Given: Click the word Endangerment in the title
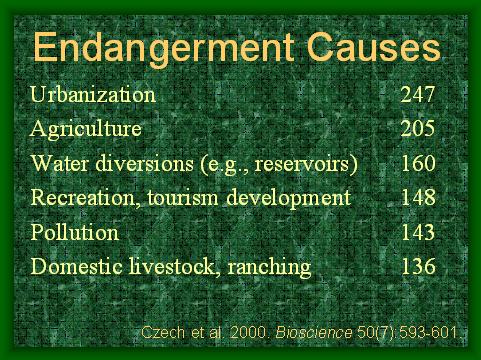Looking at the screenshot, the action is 164,49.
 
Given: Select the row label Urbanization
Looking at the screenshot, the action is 93,94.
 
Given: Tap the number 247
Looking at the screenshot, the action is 418,94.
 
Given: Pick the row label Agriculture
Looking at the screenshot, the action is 86,130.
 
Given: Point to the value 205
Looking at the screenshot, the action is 418,129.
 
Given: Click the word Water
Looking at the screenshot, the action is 60,163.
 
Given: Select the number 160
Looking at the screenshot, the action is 418,163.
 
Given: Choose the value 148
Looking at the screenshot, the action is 418,197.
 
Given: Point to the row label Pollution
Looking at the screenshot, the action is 75,232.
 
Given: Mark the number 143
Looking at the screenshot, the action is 418,232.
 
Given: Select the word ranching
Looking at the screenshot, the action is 269,268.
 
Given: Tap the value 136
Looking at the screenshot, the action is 418,266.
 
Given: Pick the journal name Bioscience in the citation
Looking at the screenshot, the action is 314,332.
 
